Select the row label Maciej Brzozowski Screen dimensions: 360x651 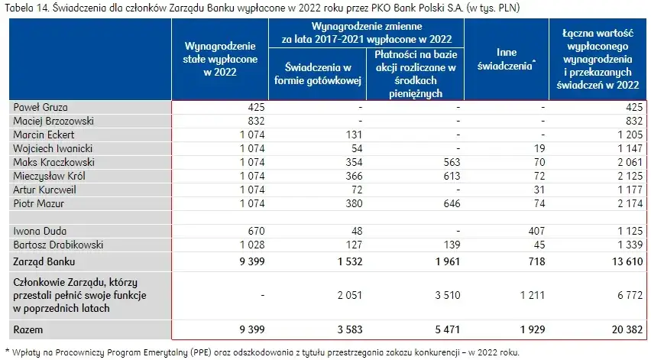tap(47, 121)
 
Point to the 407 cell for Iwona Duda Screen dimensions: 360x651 tap(536, 231)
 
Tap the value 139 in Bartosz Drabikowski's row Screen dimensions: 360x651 tap(450, 245)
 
